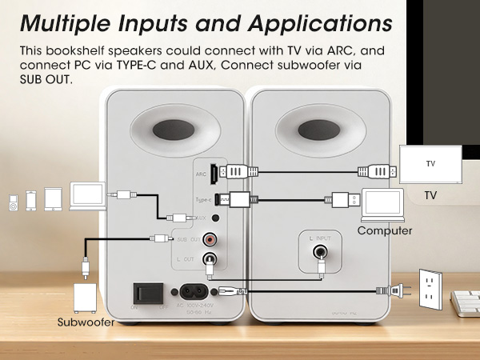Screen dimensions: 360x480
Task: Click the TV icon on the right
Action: click(x=430, y=165)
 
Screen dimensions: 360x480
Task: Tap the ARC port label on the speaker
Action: click(x=202, y=172)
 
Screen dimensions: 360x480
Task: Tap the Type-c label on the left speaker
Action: click(x=203, y=200)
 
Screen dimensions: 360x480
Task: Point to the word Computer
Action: click(x=384, y=231)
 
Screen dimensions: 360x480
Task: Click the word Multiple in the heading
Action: click(x=68, y=22)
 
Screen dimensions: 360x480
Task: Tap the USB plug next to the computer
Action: click(x=338, y=198)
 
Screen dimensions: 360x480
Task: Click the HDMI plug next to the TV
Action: click(x=374, y=170)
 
